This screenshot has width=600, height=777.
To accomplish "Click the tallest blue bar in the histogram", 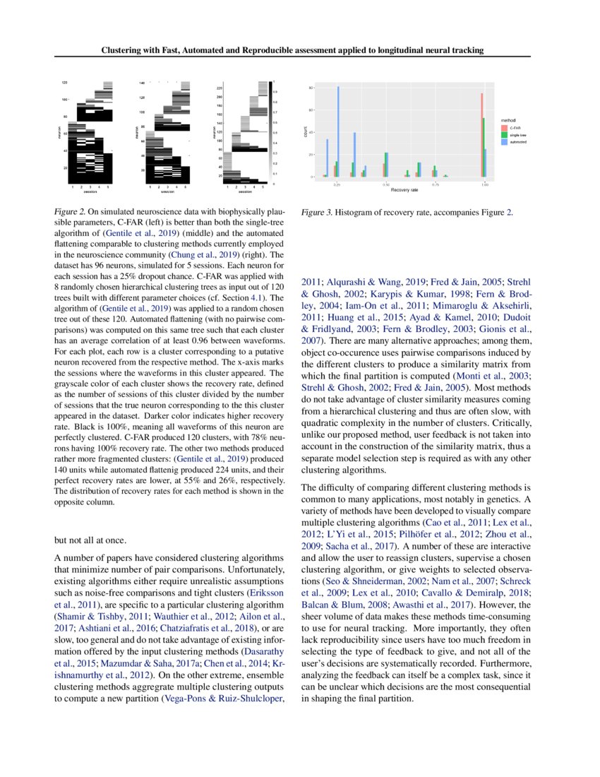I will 338,131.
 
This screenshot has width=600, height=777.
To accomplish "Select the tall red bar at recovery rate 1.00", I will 481,135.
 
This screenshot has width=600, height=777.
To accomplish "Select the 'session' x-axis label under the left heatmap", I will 90,191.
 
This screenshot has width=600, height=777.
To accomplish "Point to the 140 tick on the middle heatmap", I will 141,83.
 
